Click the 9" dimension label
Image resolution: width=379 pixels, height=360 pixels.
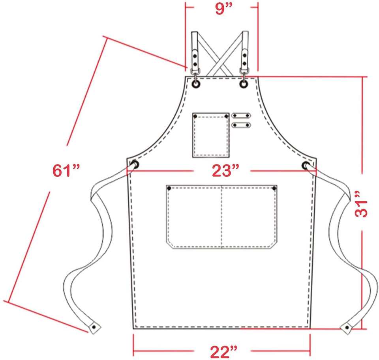224,9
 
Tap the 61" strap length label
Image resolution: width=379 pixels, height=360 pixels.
66,170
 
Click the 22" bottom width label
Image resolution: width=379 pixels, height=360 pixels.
223,352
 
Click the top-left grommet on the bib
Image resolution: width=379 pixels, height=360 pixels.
196,84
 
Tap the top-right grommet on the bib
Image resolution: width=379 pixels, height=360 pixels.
244,84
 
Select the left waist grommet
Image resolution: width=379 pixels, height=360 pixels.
135,165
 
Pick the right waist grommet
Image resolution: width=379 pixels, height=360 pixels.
306,165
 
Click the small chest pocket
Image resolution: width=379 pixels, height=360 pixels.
211,135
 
